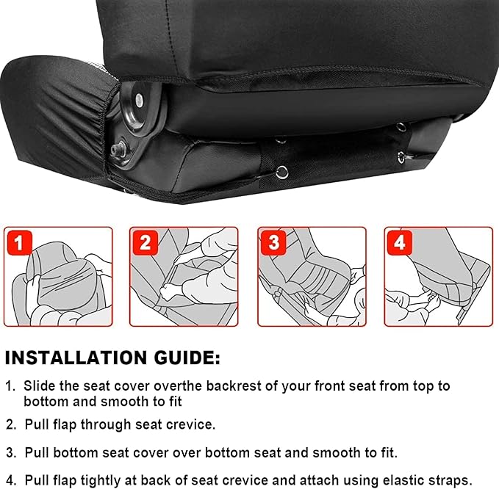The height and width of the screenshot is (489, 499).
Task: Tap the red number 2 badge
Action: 146,242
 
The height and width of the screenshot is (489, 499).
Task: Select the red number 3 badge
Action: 273,242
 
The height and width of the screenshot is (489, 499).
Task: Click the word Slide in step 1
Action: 38,385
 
